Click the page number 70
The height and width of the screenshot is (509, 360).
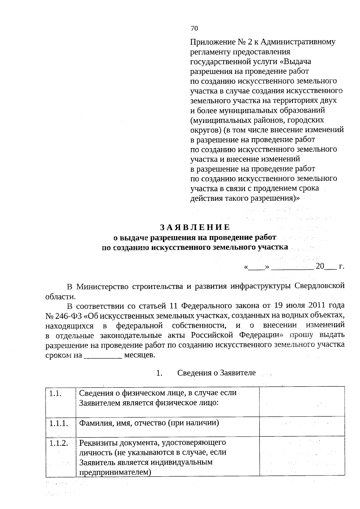(x=194, y=28)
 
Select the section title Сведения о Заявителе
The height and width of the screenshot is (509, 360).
(x=217, y=373)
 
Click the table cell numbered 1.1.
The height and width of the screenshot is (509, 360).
(x=61, y=401)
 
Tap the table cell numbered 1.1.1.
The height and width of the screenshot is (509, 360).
(x=61, y=426)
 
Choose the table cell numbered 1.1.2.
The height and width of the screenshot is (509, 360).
(x=61, y=456)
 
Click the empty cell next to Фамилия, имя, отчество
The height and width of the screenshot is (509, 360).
(x=301, y=426)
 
